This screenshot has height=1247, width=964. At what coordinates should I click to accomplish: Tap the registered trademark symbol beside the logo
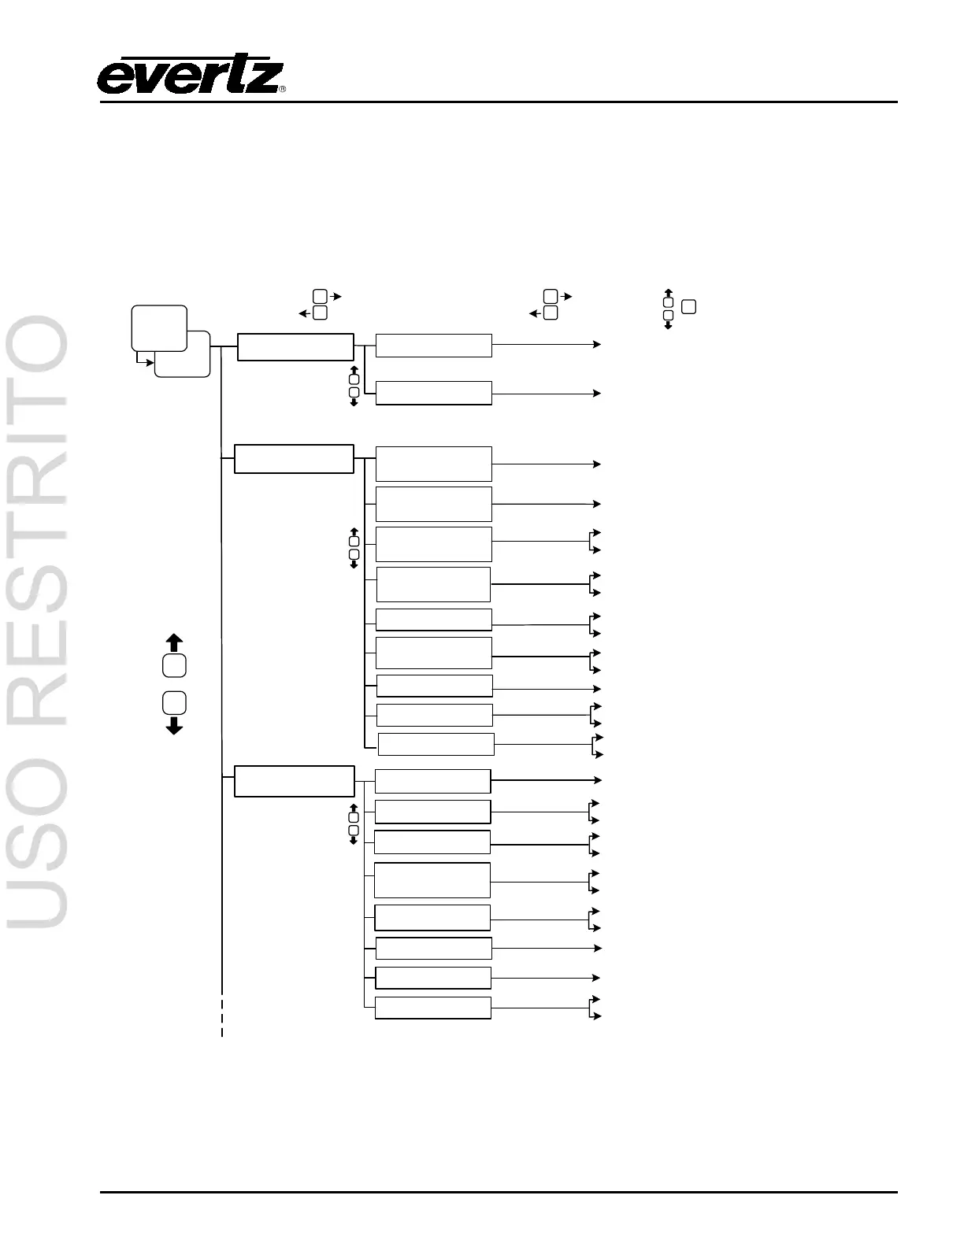point(283,89)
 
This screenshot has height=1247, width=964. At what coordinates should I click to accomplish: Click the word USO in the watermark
point(38,842)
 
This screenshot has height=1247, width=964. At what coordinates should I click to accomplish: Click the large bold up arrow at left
point(175,642)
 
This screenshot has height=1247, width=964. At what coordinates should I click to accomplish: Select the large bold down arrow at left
point(175,725)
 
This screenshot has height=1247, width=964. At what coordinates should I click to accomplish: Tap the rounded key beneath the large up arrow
point(175,665)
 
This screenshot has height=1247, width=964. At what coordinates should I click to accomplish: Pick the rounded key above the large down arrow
point(175,701)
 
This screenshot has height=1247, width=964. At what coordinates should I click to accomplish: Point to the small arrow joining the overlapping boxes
point(146,363)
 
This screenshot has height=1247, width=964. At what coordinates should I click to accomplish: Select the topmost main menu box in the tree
point(295,347)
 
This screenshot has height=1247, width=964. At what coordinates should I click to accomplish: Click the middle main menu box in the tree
point(294,459)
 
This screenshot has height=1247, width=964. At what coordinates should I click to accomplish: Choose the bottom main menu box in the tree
point(294,781)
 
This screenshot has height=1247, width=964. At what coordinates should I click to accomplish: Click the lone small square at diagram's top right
point(688,307)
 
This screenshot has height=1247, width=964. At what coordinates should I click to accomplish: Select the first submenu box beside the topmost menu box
point(434,346)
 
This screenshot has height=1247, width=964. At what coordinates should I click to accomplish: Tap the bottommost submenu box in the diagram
point(433,1008)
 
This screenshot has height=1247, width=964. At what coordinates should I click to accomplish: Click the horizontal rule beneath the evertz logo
point(498,102)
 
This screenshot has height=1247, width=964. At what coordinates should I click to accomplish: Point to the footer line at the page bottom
point(498,1192)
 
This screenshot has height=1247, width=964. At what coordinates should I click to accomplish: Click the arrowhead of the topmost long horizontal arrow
point(598,344)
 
